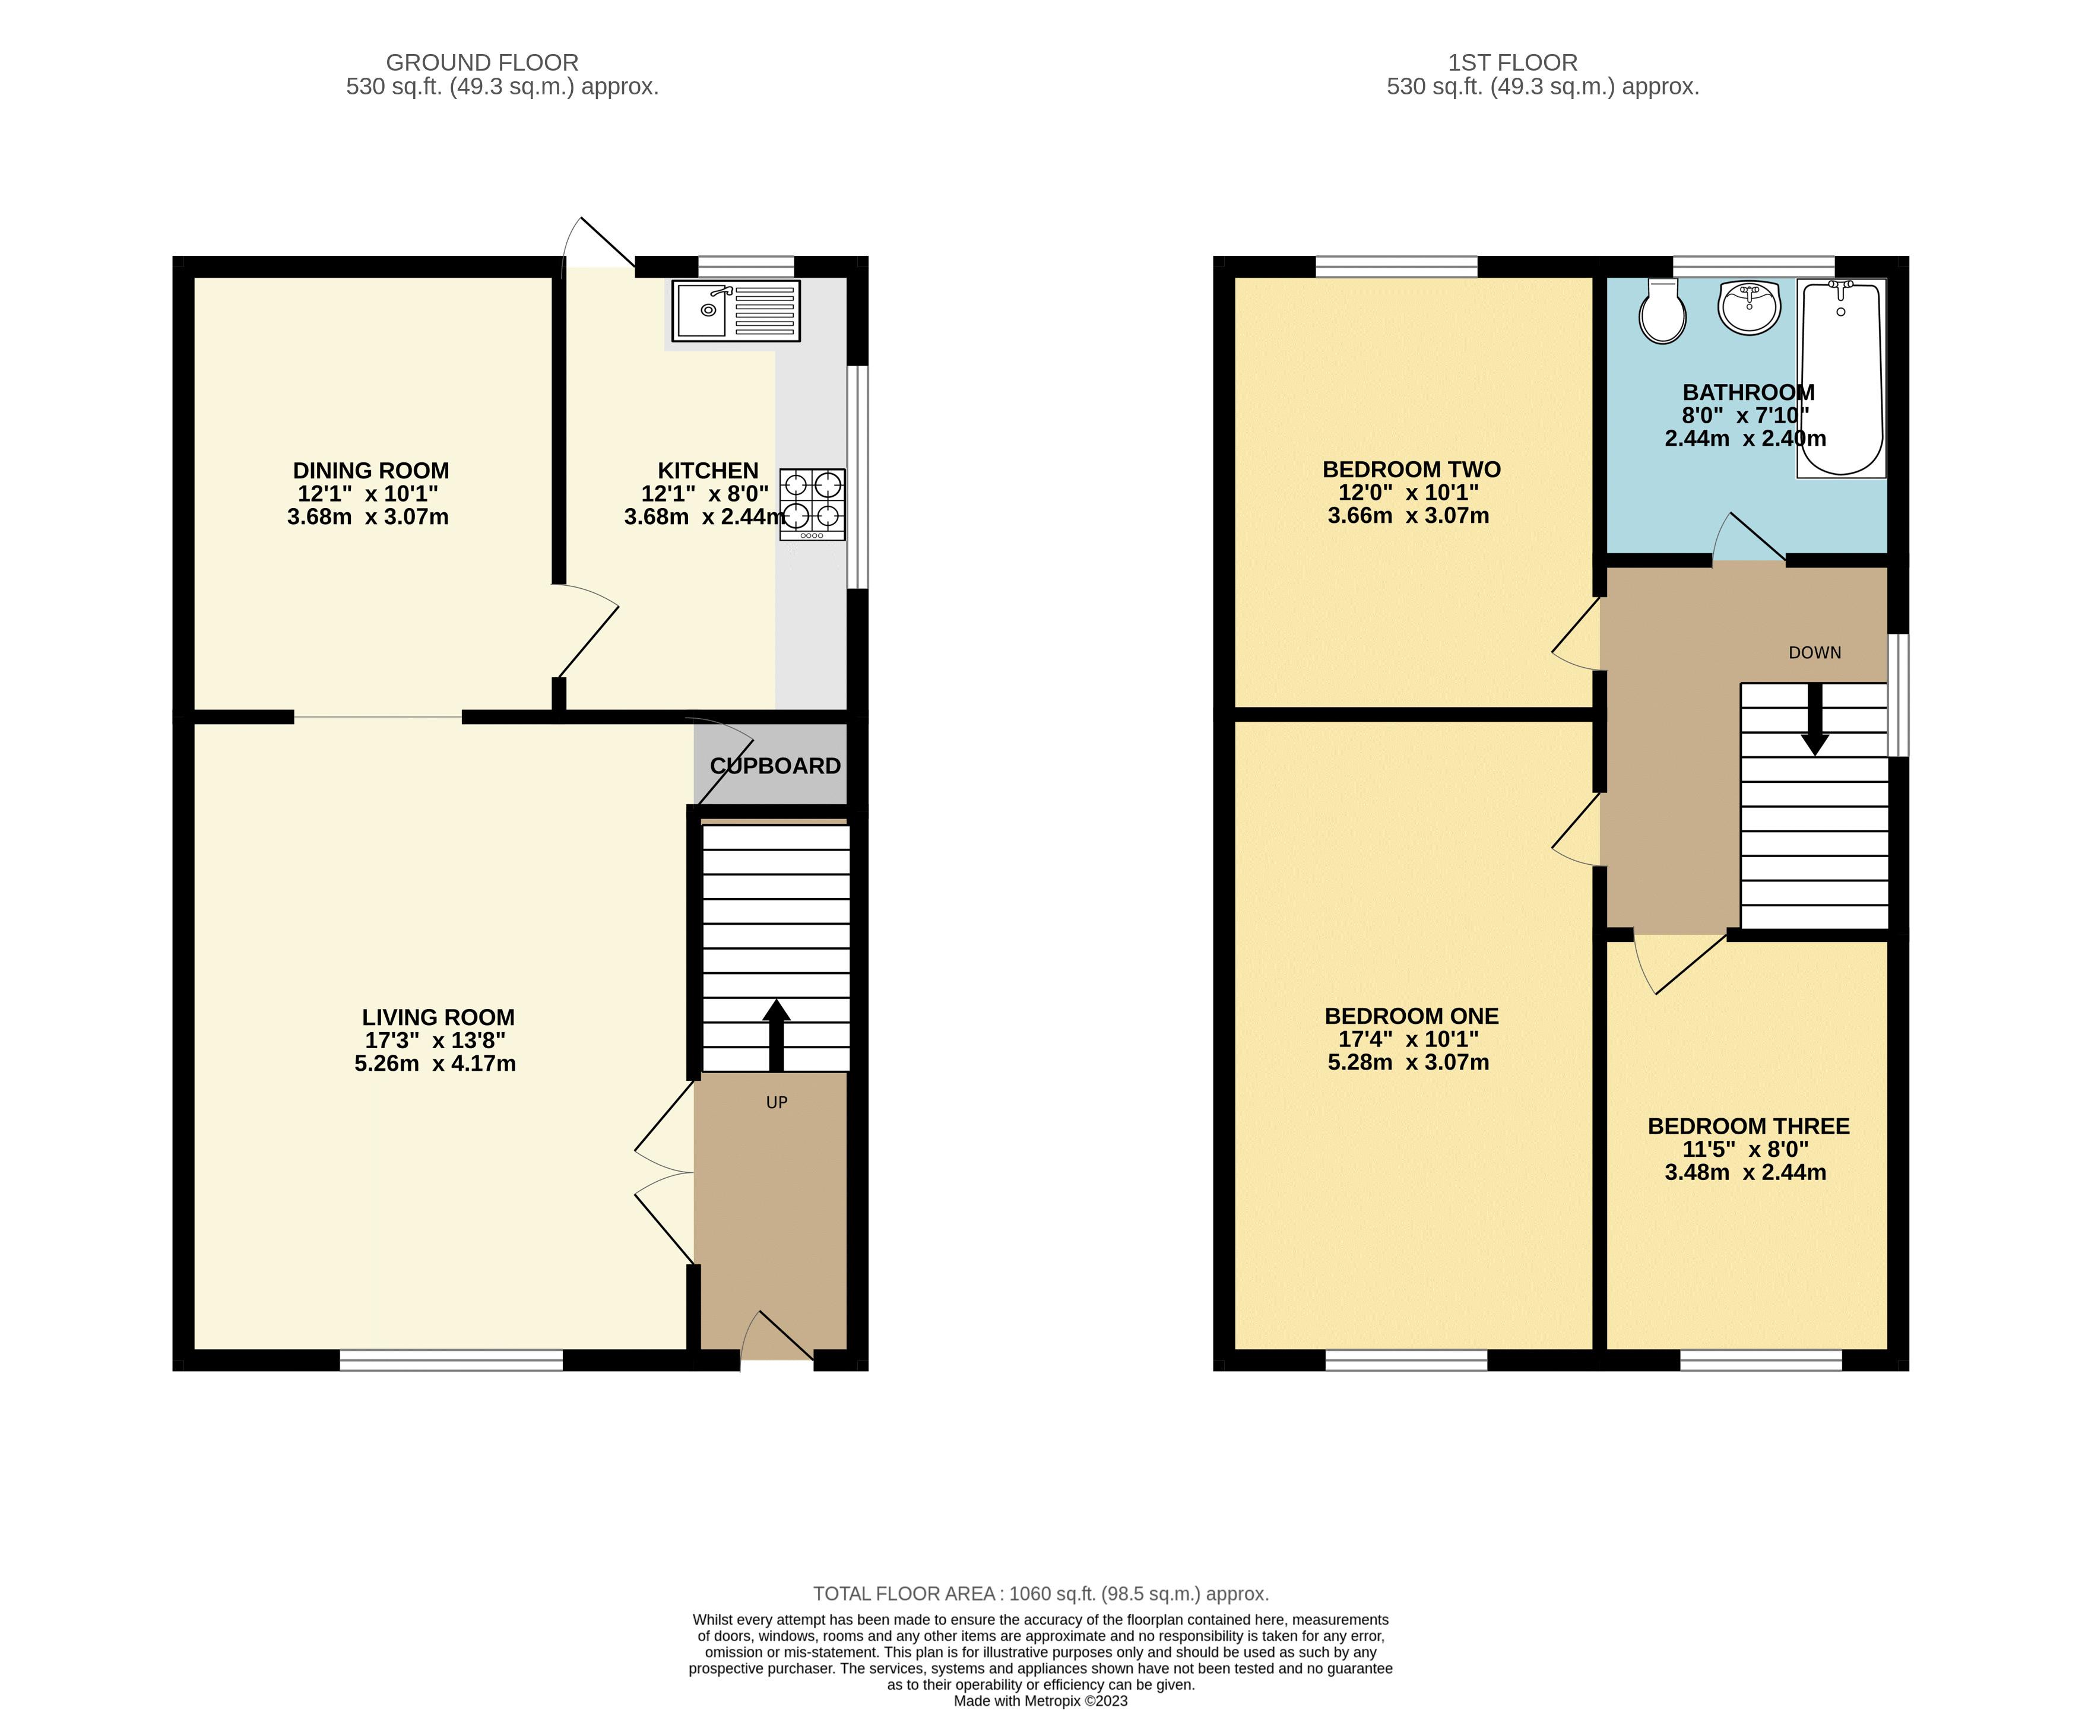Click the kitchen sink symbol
coord(736,310)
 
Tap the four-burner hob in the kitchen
coord(813,503)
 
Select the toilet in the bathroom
coord(1662,311)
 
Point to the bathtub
coord(1840,378)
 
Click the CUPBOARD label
coord(775,765)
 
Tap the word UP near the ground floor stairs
coord(777,1102)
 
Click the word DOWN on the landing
coord(1814,652)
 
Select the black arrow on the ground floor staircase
coord(777,1035)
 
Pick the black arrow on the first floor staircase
coord(1814,719)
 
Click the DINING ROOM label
coord(370,471)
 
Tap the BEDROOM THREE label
coord(1748,1126)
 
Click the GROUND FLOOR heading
coord(482,63)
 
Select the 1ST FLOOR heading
coord(1513,63)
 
